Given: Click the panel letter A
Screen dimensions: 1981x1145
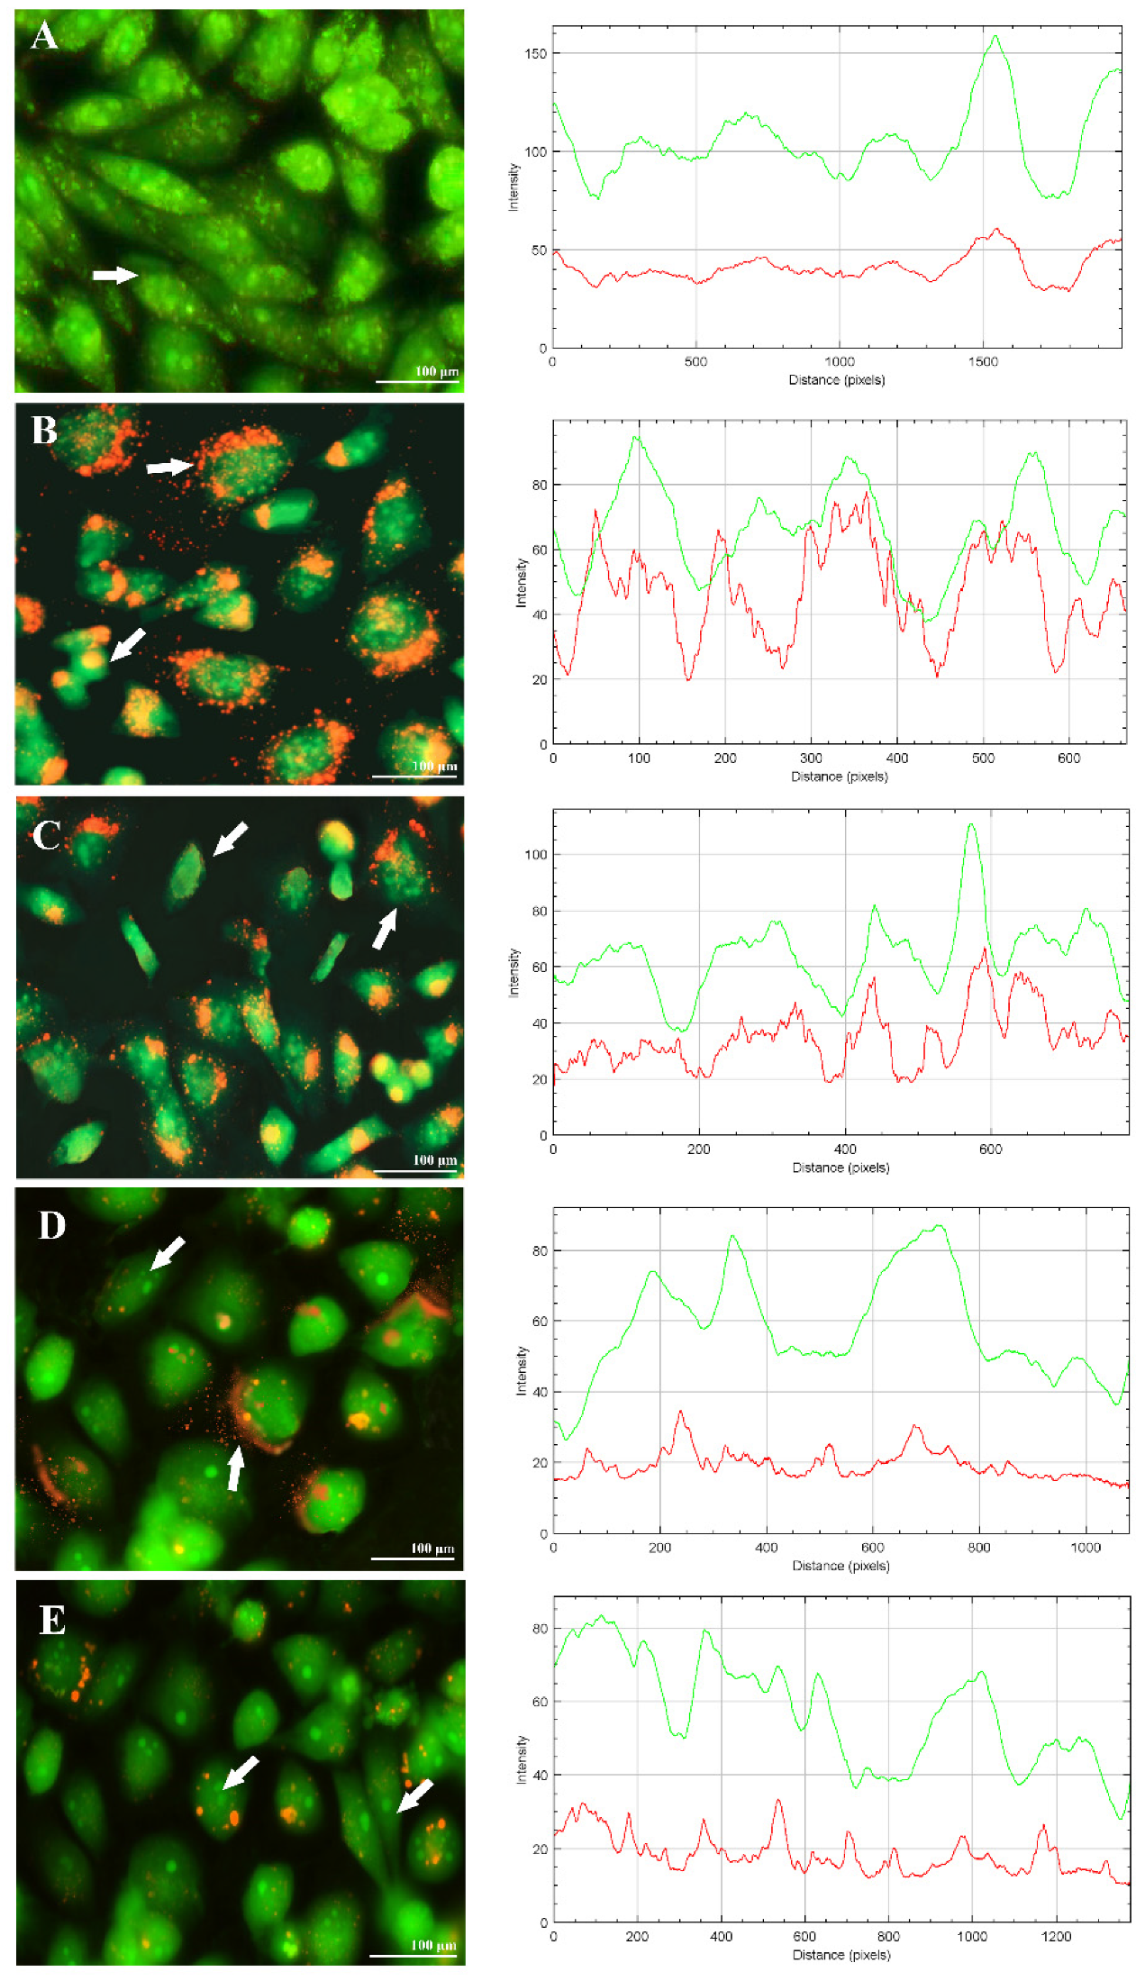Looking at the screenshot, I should click(x=44, y=36).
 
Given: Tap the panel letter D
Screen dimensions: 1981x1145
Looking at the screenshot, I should click(x=51, y=1225).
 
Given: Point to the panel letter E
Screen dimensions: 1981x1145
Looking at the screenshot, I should click(x=52, y=1620).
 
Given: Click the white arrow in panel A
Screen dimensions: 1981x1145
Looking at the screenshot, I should click(x=115, y=275).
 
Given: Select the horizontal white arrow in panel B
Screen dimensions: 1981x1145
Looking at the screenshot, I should click(x=170, y=467).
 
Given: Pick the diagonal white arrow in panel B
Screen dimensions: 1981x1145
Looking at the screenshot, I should click(x=127, y=644).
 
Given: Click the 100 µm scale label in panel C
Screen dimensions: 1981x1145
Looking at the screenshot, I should click(x=435, y=1159).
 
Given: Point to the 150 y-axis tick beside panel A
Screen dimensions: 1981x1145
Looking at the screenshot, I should click(x=536, y=54).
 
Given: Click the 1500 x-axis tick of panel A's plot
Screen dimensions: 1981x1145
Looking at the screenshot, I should click(x=983, y=362).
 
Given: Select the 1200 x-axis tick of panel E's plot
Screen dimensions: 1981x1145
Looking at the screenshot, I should click(x=1057, y=1937).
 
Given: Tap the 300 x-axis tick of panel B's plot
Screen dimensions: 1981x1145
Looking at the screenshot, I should click(x=811, y=759).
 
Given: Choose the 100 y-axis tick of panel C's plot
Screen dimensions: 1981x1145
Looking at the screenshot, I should click(x=536, y=855).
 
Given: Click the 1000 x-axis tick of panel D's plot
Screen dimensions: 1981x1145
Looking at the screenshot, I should click(x=1086, y=1548).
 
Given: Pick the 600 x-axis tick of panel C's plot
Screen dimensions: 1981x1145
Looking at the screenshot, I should click(x=990, y=1150).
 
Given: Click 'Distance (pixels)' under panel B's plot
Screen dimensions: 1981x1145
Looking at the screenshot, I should click(x=840, y=777).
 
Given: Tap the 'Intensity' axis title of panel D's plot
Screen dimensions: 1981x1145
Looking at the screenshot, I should click(x=521, y=1371).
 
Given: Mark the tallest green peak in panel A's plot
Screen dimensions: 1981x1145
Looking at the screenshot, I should click(x=995, y=37).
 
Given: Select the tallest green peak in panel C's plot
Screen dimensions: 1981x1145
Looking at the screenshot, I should click(x=971, y=824).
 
